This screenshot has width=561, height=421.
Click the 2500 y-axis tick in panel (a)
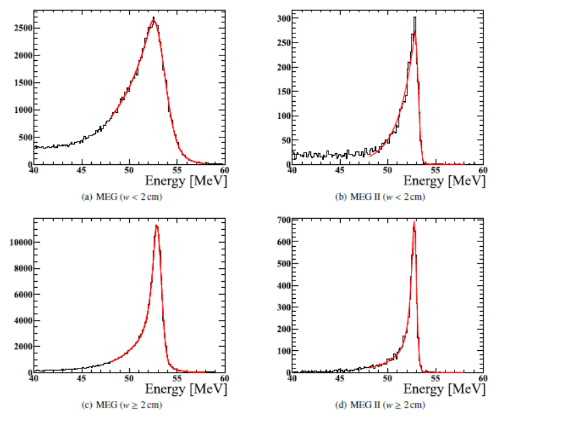23,28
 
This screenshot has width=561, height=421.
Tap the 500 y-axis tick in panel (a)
26,137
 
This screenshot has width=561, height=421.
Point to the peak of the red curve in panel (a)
154,20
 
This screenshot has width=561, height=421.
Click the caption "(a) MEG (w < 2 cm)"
122,197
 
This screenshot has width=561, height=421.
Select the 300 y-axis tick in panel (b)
284,18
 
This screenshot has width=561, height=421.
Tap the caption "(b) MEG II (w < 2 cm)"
380,197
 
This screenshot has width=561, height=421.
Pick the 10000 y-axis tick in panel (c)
21,242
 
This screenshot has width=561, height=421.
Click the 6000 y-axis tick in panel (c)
23,294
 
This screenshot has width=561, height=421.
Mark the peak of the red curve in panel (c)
157,226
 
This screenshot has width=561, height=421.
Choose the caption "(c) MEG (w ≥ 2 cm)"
122,405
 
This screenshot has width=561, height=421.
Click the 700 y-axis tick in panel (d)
284,220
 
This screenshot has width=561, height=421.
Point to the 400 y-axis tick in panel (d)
284,286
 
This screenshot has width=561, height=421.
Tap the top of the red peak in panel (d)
414,222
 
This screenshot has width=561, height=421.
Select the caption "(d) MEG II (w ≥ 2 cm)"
380,405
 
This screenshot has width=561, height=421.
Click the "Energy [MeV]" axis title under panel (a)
186,181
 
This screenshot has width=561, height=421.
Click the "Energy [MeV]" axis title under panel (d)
444,389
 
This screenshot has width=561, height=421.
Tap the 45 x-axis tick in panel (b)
340,170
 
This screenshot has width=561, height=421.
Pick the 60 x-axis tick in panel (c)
224,378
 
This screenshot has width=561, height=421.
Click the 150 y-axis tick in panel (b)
284,91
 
